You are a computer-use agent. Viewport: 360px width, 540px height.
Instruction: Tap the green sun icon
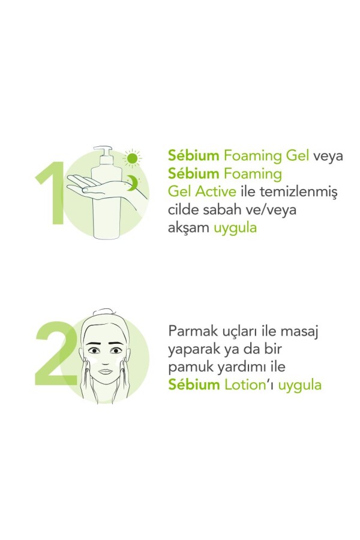point(132,158)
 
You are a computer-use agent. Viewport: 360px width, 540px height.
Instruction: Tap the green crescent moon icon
point(131,182)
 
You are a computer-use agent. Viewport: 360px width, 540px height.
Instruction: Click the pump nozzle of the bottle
point(103,152)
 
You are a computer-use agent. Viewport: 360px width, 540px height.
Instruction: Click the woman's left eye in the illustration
point(116,350)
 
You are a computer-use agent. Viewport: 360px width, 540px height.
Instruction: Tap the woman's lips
point(106,371)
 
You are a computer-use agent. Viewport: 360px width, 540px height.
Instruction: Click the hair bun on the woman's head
point(103,311)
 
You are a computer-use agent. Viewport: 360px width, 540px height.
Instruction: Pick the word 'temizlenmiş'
point(298,192)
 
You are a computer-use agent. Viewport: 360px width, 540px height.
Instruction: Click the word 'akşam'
point(188,228)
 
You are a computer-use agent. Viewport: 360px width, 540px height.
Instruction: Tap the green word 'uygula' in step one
point(235,229)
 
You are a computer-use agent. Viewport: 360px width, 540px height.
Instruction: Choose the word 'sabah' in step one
point(220,209)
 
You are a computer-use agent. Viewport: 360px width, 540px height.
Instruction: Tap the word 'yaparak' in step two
point(194,350)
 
